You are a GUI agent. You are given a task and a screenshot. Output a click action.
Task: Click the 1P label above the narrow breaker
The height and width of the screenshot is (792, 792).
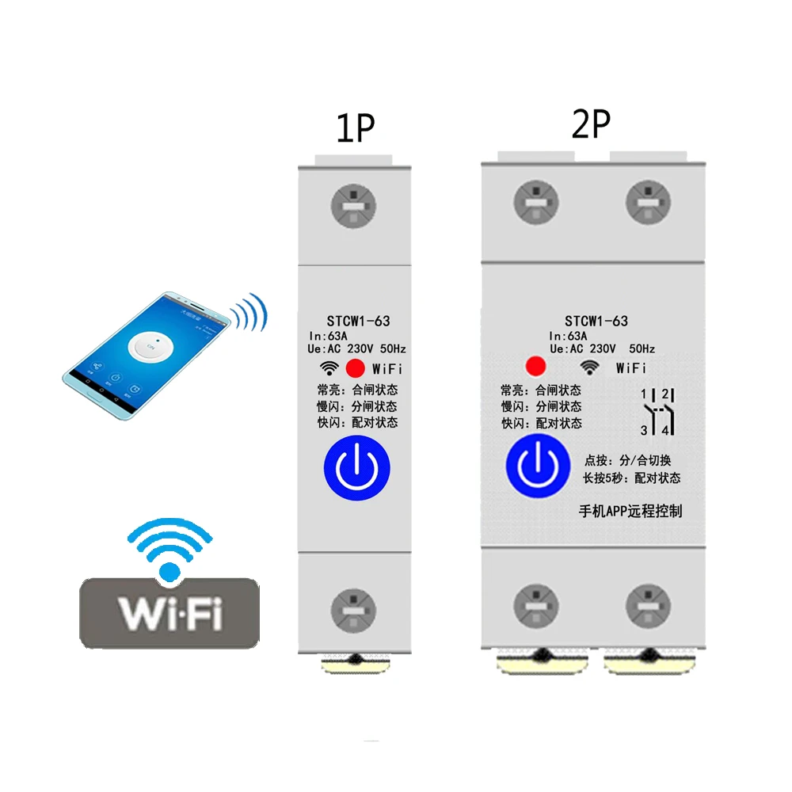tap(355, 128)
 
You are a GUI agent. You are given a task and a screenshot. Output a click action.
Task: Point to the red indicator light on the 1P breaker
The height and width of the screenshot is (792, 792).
tap(356, 368)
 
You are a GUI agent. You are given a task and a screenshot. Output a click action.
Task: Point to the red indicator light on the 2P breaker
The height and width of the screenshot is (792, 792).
tap(536, 367)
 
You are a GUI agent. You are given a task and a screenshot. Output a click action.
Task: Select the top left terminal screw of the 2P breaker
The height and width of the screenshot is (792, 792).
tap(536, 201)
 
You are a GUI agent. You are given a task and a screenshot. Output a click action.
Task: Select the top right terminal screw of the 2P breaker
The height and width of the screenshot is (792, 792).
tap(648, 201)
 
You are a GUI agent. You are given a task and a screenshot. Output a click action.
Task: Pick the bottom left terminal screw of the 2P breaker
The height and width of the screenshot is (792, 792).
tap(536, 607)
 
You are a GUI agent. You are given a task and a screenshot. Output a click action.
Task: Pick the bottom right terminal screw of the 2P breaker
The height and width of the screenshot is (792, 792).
tap(648, 607)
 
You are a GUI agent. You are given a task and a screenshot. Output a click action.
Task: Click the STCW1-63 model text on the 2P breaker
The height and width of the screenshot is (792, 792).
tap(596, 321)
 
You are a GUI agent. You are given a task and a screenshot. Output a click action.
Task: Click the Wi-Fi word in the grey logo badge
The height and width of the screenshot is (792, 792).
tap(169, 611)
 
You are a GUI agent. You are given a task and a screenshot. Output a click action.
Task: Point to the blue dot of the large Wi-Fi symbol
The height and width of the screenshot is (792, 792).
tap(169, 570)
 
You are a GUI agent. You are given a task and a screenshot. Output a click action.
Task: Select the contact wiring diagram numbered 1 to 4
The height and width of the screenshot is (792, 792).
tap(657, 412)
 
